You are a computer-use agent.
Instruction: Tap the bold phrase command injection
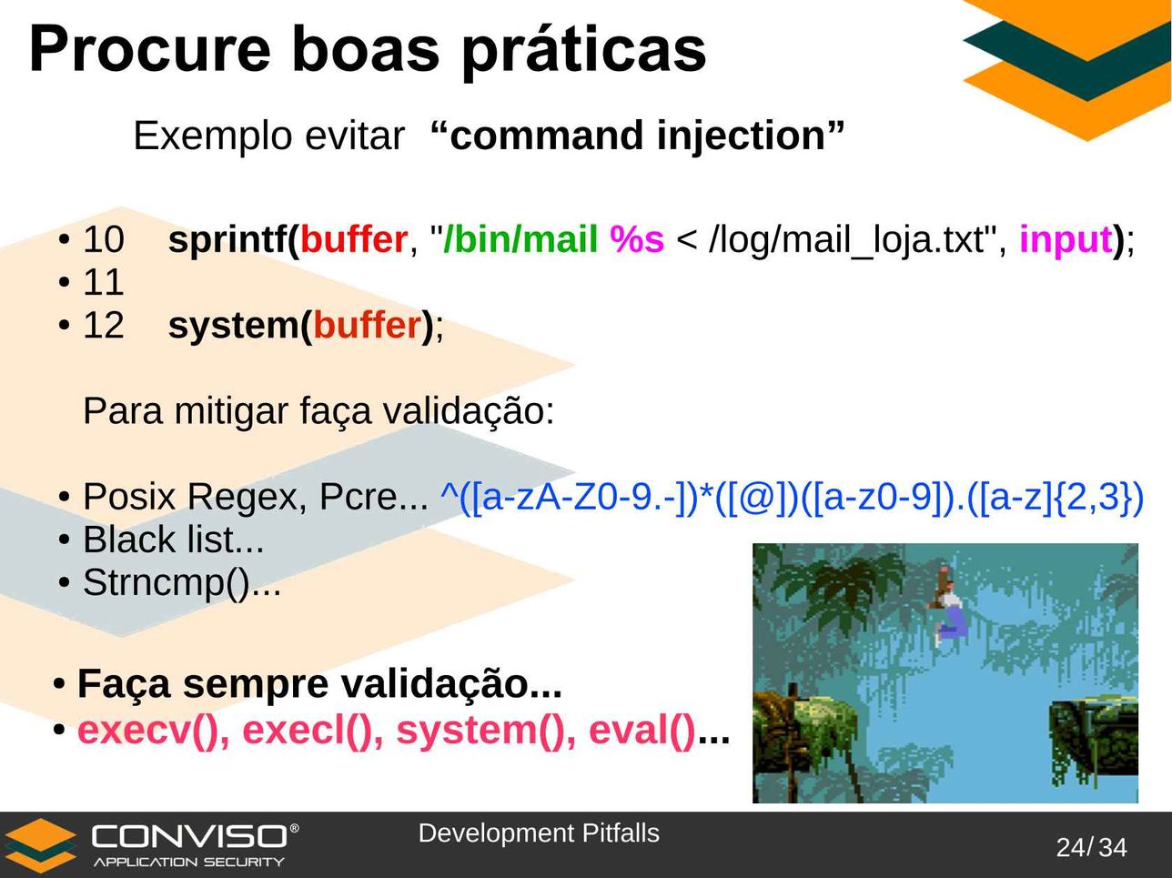(x=638, y=136)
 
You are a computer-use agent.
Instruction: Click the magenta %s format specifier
(x=637, y=239)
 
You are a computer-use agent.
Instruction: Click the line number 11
(x=104, y=282)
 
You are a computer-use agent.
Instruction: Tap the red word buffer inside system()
(x=368, y=325)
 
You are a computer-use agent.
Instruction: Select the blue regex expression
(x=792, y=499)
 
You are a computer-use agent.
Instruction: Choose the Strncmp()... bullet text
(x=182, y=583)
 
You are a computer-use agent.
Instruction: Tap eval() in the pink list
(x=642, y=731)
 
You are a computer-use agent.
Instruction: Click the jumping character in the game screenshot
(x=948, y=606)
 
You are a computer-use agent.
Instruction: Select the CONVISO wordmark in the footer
(x=190, y=836)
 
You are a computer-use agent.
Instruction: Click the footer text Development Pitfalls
(x=539, y=833)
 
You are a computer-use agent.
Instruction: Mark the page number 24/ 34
(x=1091, y=848)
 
